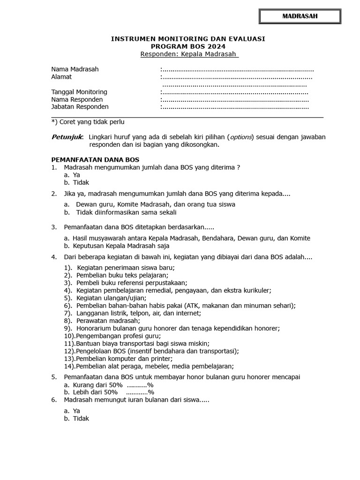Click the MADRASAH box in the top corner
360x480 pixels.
(x=300, y=16)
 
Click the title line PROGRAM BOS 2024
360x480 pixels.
(x=187, y=46)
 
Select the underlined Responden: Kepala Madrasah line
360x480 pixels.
(x=189, y=54)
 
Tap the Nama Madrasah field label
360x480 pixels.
(x=75, y=69)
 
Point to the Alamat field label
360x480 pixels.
(x=61, y=77)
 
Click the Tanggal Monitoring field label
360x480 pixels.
(x=79, y=92)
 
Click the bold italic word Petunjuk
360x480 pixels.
(x=67, y=137)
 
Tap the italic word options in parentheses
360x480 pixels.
(x=240, y=137)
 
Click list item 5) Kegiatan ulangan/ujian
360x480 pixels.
(x=105, y=298)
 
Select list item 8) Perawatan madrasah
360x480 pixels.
(x=102, y=321)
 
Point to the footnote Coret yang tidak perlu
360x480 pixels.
(x=88, y=122)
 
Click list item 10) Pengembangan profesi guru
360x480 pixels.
(x=112, y=336)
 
